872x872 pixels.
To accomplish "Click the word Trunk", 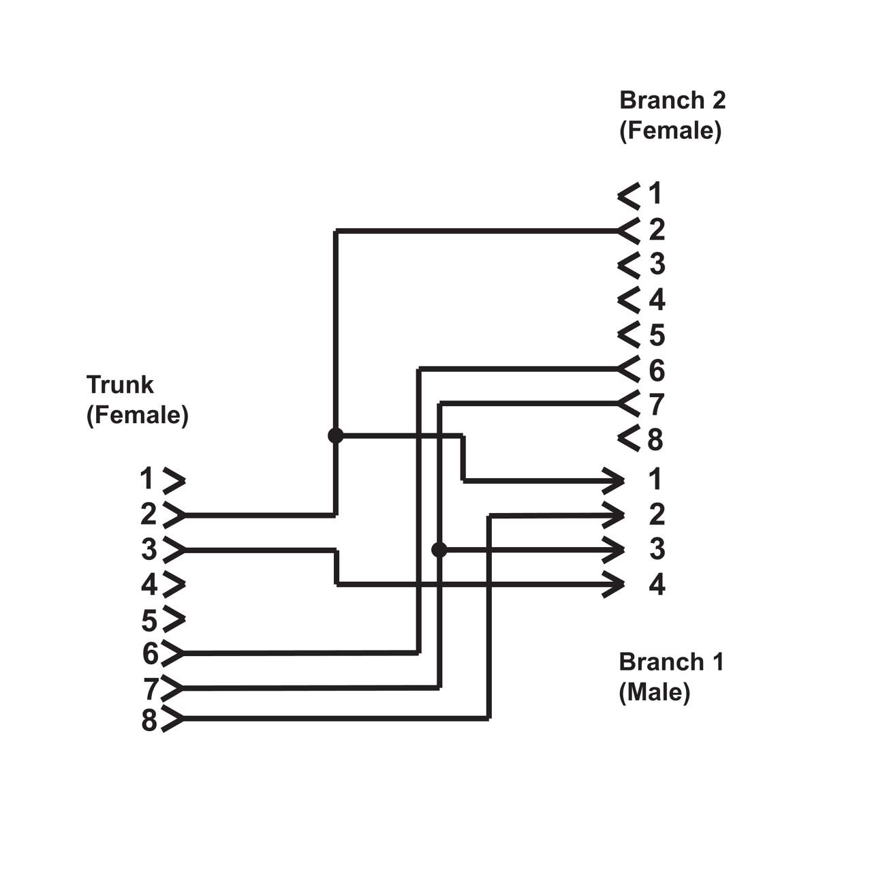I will pos(120,385).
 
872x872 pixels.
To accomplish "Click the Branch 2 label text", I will pos(672,100).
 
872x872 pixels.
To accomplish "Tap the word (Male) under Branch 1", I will pos(654,692).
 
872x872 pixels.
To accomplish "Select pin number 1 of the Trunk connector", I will pos(147,479).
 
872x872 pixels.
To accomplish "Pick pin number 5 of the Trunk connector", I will pos(149,621).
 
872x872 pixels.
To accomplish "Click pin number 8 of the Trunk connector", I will pos(149,720).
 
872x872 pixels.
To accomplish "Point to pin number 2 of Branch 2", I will pos(656,230).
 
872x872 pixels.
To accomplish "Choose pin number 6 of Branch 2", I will pos(656,371).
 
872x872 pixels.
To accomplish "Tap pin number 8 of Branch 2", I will pos(655,440).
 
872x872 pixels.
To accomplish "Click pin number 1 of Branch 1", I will pos(655,480).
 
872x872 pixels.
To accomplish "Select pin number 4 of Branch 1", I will pos(656,585).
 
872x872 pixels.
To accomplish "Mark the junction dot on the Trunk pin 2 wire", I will pos(335,435).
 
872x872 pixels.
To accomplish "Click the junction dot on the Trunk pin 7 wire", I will pos(439,549).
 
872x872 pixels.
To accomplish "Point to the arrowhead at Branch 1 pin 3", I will pos(615,549).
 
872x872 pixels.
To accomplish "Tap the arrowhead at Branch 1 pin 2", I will pos(615,514).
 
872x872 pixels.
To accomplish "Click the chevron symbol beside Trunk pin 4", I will pos(174,584).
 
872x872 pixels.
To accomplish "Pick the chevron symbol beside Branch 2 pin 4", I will pos(629,300).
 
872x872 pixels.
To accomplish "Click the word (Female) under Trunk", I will pos(137,415).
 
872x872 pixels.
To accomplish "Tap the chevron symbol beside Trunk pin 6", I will pos(173,653).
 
